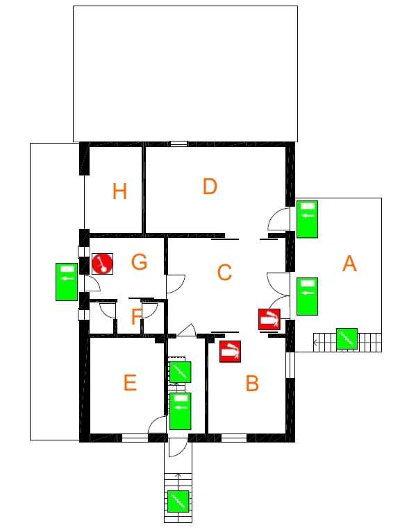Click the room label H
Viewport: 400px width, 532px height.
pyautogui.click(x=119, y=191)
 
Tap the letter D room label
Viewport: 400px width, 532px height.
pyautogui.click(x=210, y=187)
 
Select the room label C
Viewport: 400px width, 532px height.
pyautogui.click(x=224, y=272)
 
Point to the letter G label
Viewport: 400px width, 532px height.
pyautogui.click(x=139, y=262)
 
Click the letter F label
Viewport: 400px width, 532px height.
pyautogui.click(x=137, y=316)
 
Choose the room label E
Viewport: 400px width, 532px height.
pyautogui.click(x=130, y=382)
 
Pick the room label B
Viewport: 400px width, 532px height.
pyautogui.click(x=252, y=383)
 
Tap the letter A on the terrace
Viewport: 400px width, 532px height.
pyautogui.click(x=349, y=264)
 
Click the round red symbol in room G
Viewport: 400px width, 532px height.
pyautogui.click(x=103, y=264)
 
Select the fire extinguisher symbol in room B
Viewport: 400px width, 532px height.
pyautogui.click(x=231, y=352)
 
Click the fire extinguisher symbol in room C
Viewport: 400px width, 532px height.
pyautogui.click(x=269, y=319)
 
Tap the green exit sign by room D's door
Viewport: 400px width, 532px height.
pyautogui.click(x=308, y=219)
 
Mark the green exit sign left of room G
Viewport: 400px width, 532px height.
pyautogui.click(x=67, y=282)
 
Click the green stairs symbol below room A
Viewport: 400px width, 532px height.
pyautogui.click(x=347, y=338)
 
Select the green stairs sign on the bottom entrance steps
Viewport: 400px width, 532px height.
pyautogui.click(x=178, y=501)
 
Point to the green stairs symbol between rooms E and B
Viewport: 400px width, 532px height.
pyautogui.click(x=180, y=372)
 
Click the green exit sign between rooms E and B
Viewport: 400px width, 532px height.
pyautogui.click(x=180, y=411)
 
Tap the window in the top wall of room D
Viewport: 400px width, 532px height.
pyautogui.click(x=179, y=144)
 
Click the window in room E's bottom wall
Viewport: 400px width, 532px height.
pyautogui.click(x=135, y=438)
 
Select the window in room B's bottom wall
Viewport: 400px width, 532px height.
pyautogui.click(x=234, y=438)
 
